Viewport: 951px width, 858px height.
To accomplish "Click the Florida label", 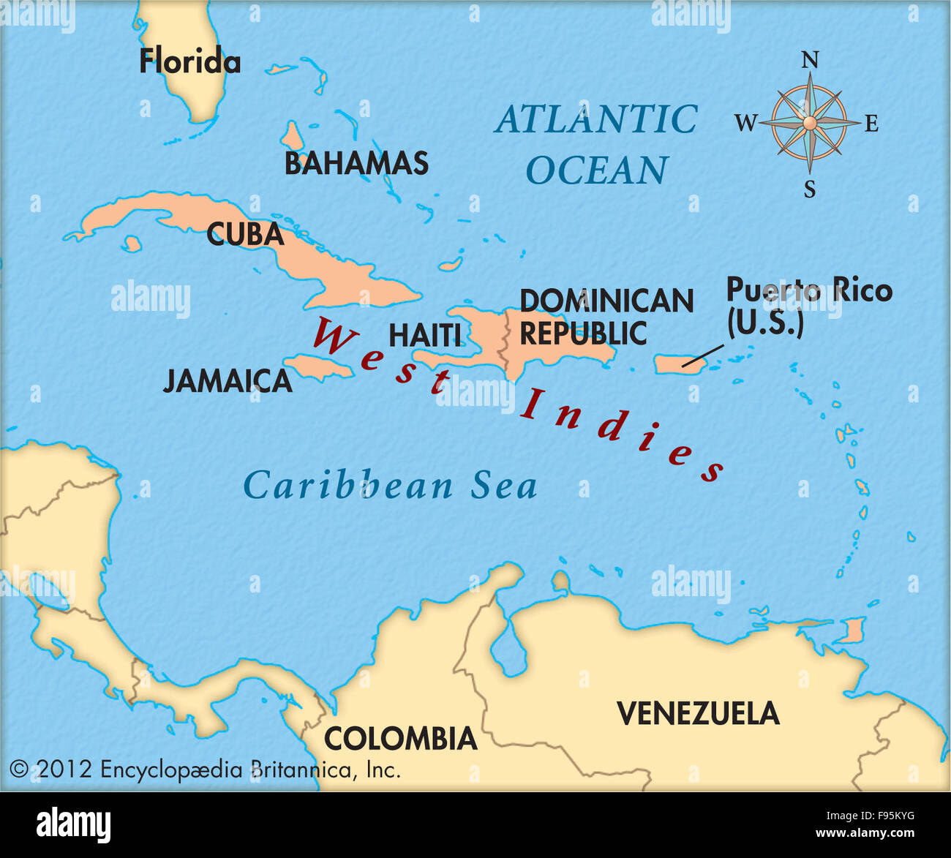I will (x=189, y=61).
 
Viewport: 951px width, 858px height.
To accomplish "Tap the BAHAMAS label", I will (x=356, y=163).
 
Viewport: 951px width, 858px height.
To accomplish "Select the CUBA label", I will (x=244, y=234).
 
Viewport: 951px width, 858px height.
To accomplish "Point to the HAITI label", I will (x=424, y=335).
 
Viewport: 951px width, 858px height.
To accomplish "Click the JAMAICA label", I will (x=227, y=381).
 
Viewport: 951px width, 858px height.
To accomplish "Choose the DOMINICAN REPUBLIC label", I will (x=606, y=317).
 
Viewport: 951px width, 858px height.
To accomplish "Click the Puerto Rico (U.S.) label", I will (x=808, y=306).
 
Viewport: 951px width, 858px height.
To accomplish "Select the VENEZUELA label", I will (x=698, y=713).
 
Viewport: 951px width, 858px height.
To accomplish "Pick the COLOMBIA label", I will (x=400, y=739).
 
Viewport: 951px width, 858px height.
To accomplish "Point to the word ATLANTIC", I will (x=596, y=119).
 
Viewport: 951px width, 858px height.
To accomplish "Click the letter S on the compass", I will (x=810, y=190).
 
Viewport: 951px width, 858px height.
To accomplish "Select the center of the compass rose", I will (x=809, y=123).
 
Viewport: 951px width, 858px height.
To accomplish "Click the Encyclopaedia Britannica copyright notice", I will (x=205, y=769).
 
